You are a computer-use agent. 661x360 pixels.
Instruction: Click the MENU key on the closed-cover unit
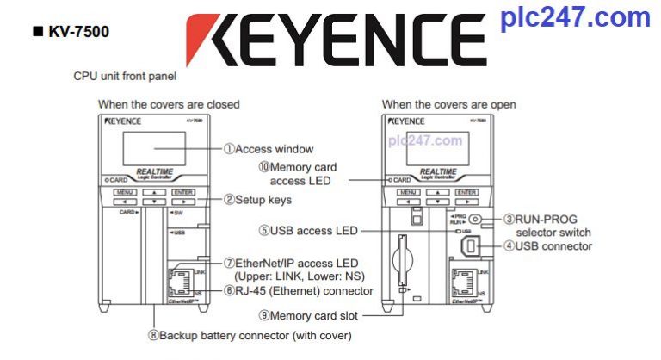[125, 192]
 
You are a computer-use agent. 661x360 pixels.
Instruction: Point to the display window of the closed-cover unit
[155, 150]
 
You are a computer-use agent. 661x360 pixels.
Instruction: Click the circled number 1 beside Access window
[229, 149]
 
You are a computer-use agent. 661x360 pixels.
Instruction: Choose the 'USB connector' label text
[559, 246]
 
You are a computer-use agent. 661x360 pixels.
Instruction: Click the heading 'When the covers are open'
[449, 104]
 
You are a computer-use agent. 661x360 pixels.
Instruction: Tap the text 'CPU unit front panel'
[125, 76]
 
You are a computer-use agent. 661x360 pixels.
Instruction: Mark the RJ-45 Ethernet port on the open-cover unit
[465, 282]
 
